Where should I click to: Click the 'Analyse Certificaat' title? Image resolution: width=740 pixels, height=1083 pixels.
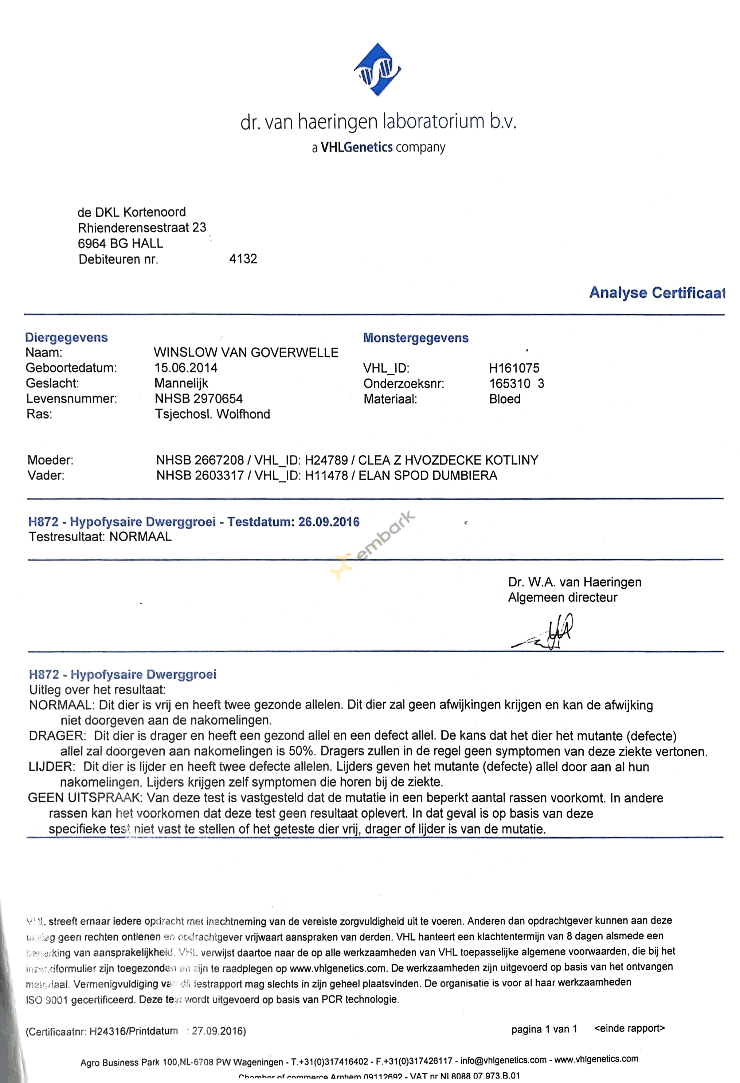pos(657,293)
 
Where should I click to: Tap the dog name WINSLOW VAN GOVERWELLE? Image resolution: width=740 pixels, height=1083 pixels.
pos(246,352)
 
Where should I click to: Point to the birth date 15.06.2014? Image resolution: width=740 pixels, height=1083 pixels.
pos(185,368)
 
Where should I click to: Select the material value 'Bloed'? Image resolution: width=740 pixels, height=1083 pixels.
pos(505,399)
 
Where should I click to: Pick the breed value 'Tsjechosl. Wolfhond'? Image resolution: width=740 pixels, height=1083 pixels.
pos(212,414)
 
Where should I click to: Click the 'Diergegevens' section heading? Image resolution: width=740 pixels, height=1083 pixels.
pos(66,337)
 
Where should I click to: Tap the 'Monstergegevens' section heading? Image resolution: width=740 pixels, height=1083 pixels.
pos(415,338)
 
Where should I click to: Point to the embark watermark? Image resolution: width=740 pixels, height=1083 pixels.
pos(373,545)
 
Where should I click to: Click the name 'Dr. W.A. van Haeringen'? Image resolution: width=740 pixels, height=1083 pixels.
pos(575,582)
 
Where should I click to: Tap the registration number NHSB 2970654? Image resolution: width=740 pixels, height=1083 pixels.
pos(199,399)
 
